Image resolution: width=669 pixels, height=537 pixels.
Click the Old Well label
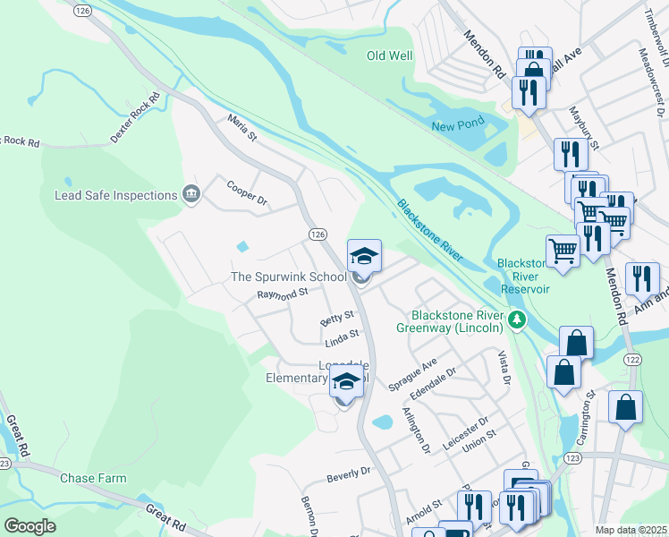[390, 56]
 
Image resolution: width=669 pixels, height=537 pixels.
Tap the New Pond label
[457, 126]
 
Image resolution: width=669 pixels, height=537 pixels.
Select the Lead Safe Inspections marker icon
[191, 195]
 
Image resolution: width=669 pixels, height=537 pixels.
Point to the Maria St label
[241, 128]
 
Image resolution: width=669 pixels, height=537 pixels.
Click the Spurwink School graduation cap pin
[364, 258]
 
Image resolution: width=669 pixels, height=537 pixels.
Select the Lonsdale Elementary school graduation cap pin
[347, 383]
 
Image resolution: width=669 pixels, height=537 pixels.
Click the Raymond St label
[282, 293]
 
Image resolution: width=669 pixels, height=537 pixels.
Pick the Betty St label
[337, 318]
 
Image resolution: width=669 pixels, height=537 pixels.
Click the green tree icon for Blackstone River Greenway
[516, 320]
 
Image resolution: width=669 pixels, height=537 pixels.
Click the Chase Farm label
[93, 478]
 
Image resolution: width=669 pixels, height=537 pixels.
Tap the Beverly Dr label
[348, 472]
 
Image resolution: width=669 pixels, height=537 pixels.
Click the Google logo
[30, 526]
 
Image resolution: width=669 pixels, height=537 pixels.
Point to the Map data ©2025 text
[631, 530]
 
